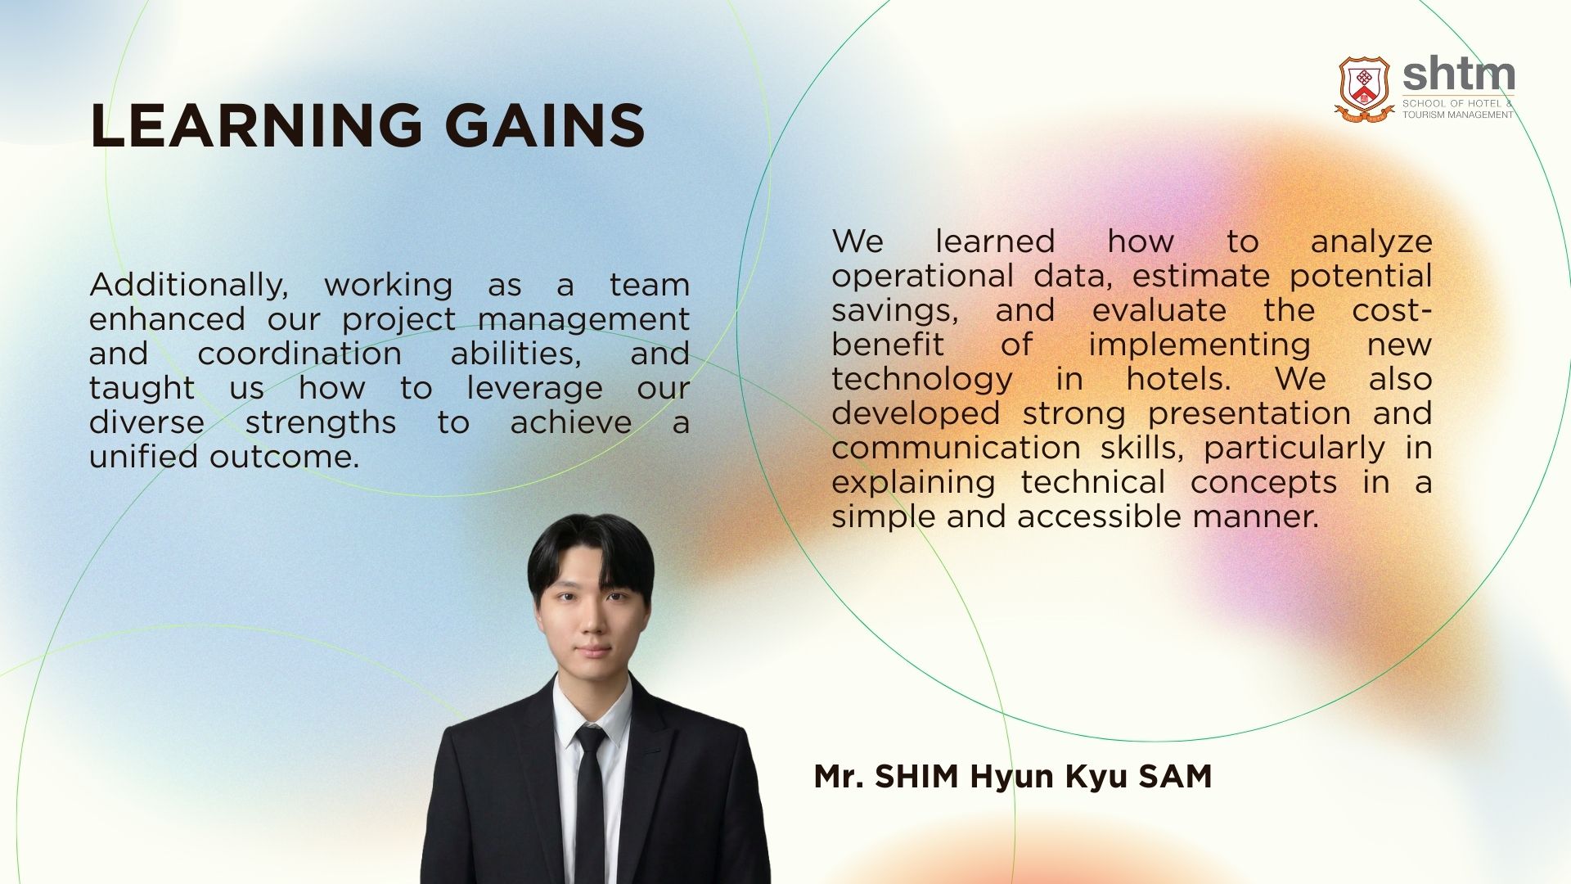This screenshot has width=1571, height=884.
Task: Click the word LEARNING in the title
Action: (256, 126)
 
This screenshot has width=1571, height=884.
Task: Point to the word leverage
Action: (534, 389)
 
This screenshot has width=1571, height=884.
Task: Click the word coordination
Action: (299, 354)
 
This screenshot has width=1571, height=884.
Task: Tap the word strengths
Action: (321, 423)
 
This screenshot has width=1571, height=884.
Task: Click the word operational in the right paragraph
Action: (923, 277)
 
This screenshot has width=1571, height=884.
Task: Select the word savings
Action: (895, 312)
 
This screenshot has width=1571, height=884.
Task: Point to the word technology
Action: (922, 380)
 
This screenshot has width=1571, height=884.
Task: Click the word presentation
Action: (1249, 414)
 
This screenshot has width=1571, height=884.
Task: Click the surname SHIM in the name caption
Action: (916, 776)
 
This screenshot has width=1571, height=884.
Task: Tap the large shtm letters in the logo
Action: (1458, 76)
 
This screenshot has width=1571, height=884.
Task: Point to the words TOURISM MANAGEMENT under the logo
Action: (1458, 115)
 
